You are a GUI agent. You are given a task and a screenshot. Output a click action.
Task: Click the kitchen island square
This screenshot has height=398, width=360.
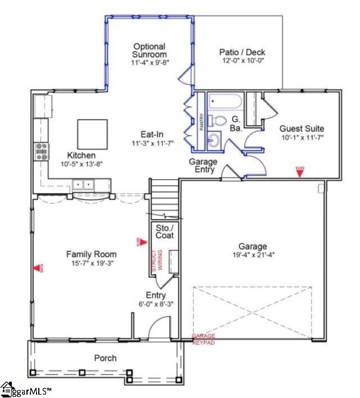(x=92, y=134)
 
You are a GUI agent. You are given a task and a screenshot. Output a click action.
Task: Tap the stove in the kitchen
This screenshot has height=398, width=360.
(x=42, y=151)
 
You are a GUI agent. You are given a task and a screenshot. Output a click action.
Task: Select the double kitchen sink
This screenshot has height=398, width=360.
(x=83, y=184)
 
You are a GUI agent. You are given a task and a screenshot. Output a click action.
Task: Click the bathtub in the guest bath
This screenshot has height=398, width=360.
(x=224, y=102)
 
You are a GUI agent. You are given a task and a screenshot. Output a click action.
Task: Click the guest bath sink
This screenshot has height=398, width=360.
(x=213, y=141)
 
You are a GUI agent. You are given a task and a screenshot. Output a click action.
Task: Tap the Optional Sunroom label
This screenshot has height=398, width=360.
(x=149, y=51)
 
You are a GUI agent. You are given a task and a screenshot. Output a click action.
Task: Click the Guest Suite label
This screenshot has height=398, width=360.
(x=301, y=128)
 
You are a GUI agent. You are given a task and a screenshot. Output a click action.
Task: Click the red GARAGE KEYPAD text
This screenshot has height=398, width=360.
(x=203, y=338)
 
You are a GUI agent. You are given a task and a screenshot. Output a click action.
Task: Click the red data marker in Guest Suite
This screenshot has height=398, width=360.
(x=300, y=171)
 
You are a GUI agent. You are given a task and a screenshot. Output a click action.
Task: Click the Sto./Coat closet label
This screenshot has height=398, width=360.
(x=164, y=231)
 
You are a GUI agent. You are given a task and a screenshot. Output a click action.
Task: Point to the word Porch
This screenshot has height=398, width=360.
(x=105, y=358)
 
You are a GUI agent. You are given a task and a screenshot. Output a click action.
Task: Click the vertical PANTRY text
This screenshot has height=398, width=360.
(x=201, y=121)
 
